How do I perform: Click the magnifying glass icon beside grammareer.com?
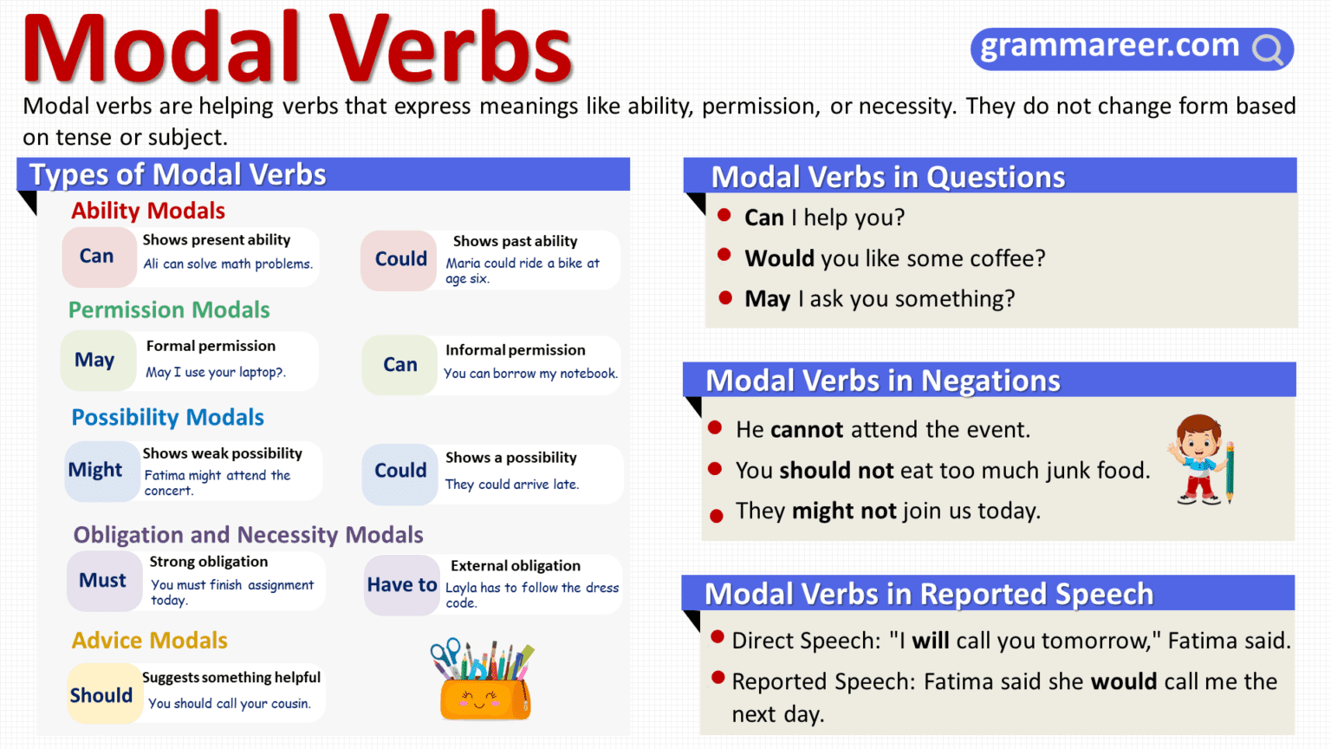tap(1267, 50)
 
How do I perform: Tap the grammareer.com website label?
tap(1109, 45)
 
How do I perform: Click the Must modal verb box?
tap(103, 581)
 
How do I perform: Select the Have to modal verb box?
tap(401, 585)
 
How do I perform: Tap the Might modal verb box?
tap(96, 470)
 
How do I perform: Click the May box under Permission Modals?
tap(95, 360)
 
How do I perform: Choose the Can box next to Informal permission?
tap(400, 365)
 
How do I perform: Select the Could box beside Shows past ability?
tap(400, 259)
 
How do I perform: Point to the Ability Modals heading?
tap(148, 211)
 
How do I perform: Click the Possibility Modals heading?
tap(167, 417)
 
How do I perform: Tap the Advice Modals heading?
tap(150, 641)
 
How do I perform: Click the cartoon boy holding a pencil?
tap(1200, 460)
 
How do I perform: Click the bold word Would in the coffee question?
tap(779, 258)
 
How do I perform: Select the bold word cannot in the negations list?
tap(807, 430)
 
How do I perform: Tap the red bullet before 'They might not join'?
tap(717, 516)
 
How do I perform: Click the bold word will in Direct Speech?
tap(931, 641)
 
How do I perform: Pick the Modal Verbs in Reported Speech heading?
tap(929, 595)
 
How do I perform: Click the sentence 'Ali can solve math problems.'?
tap(228, 264)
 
